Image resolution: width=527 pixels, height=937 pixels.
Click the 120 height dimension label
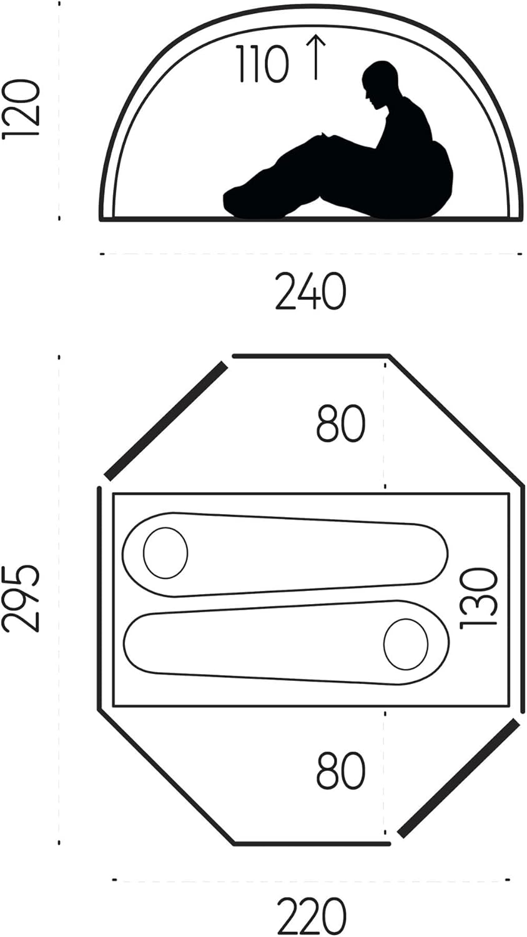(22, 109)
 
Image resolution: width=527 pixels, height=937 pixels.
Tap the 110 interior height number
(262, 64)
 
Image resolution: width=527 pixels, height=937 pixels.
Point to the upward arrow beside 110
(317, 57)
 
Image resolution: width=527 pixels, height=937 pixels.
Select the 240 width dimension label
(310, 292)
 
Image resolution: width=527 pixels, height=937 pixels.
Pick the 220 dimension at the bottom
(311, 916)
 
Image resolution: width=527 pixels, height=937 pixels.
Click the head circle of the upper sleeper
(165, 553)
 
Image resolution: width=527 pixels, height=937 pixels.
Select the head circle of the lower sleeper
(406, 643)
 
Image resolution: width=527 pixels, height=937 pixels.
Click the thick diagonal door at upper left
(166, 421)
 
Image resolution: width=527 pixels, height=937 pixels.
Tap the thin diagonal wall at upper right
(456, 420)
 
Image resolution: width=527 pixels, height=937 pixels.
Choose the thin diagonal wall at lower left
(166, 776)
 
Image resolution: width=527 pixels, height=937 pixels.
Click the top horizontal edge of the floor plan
(310, 356)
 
